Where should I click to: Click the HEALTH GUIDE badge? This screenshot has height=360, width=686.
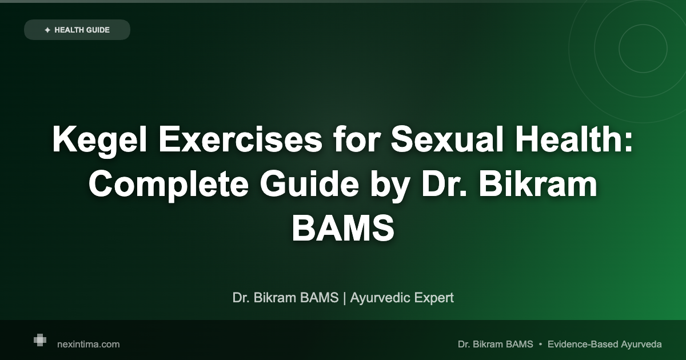click(x=77, y=30)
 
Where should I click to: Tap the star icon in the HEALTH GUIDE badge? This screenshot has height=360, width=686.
click(x=47, y=30)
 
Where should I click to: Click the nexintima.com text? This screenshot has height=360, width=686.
click(x=89, y=344)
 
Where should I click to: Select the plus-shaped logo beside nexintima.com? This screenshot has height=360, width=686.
click(x=39, y=340)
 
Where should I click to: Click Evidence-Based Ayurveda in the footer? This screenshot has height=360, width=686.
click(x=604, y=344)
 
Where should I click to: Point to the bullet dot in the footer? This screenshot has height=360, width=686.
click(x=540, y=344)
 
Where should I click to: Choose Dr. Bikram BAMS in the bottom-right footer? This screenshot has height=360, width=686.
click(x=495, y=344)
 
